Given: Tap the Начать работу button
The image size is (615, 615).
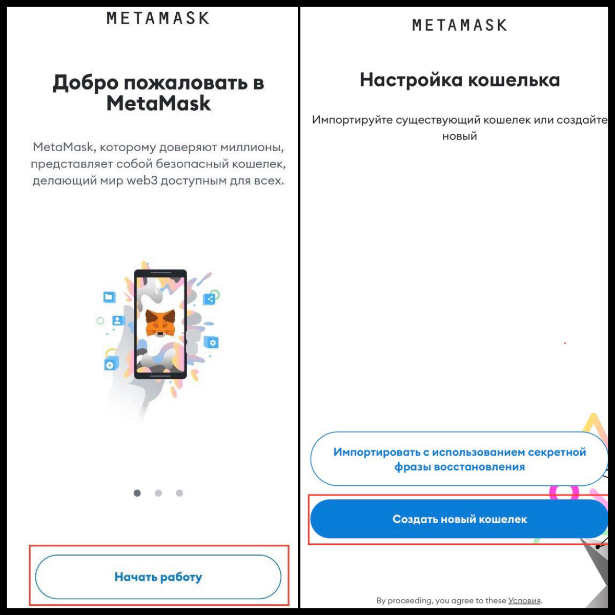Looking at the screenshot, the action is point(158,577).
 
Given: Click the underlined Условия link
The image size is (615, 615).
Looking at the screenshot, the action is point(524,601).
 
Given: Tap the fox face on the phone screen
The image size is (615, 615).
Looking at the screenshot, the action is point(160,322).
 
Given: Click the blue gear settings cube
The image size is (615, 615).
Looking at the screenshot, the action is point(211,342).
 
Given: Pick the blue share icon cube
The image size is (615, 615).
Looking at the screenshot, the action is point(210,299).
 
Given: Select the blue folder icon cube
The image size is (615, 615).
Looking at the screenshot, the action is point(109,297).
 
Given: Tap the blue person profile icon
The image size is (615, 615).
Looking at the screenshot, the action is point(118,320).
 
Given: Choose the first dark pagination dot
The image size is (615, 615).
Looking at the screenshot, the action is point(137,493).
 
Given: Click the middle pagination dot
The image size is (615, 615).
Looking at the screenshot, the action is point(158,493).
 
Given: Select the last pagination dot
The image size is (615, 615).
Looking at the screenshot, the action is point(179,493).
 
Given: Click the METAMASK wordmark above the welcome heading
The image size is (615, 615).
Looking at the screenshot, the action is point(158,18).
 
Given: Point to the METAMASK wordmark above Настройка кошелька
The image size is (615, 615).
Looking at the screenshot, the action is point(460,25).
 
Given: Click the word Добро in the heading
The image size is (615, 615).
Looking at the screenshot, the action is point(86,83).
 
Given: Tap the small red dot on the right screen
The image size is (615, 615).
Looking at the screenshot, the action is point(565,343).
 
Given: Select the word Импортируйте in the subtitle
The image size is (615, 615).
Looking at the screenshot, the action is point(352,120).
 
